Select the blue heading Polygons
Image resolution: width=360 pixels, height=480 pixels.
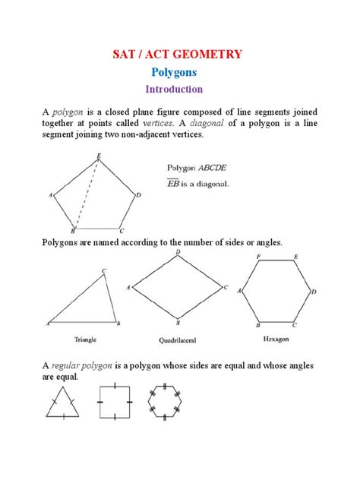179,72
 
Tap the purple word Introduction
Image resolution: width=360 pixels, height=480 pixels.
179,90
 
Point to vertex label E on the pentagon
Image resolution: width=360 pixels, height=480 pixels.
99,156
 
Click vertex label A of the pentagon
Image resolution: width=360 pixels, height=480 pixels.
50,195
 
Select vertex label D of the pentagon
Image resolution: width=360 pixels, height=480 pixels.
139,195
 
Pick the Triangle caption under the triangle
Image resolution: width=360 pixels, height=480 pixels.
85,333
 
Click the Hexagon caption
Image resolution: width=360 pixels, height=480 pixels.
276,333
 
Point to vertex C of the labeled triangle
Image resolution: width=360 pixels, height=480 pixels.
104,270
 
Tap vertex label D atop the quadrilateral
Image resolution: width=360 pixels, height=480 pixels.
178,251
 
